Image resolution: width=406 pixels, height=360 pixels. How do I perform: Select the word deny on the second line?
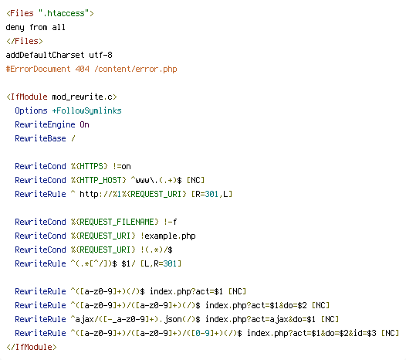pyautogui.click(x=15, y=27)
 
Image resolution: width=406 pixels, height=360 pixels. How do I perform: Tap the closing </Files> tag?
pyautogui.click(x=25, y=41)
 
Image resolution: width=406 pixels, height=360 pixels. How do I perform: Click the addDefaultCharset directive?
pyautogui.click(x=45, y=55)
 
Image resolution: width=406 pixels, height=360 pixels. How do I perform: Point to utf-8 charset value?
pyautogui.click(x=100, y=55)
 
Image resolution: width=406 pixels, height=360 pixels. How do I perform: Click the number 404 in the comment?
pyautogui.click(x=83, y=69)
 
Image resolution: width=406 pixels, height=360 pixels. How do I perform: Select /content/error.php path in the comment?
pyautogui.click(x=136, y=69)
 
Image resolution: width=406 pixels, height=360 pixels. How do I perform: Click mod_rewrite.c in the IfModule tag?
pyautogui.click(x=82, y=97)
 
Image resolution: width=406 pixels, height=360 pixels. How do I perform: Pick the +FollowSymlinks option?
pyautogui.click(x=86, y=110)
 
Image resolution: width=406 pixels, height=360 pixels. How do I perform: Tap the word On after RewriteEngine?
pyautogui.click(x=84, y=124)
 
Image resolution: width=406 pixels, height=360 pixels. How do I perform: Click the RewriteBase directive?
pyautogui.click(x=40, y=138)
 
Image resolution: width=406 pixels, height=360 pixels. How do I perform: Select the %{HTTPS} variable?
pyautogui.click(x=90, y=166)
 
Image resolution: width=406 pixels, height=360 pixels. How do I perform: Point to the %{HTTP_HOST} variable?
pyautogui.click(x=98, y=180)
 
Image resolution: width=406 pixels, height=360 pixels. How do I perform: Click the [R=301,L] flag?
pyautogui.click(x=211, y=194)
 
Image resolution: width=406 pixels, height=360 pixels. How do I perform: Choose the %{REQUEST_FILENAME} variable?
pyautogui.click(x=115, y=222)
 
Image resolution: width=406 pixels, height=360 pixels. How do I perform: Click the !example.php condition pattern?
pyautogui.click(x=168, y=236)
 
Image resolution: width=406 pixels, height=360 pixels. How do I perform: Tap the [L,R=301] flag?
pyautogui.click(x=161, y=263)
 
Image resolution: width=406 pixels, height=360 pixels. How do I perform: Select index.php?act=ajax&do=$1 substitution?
pyautogui.click(x=260, y=319)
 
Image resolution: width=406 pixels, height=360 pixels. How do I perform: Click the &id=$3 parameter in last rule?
pyautogui.click(x=362, y=333)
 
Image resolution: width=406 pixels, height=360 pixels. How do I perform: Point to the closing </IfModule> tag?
pyautogui.click(x=32, y=347)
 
